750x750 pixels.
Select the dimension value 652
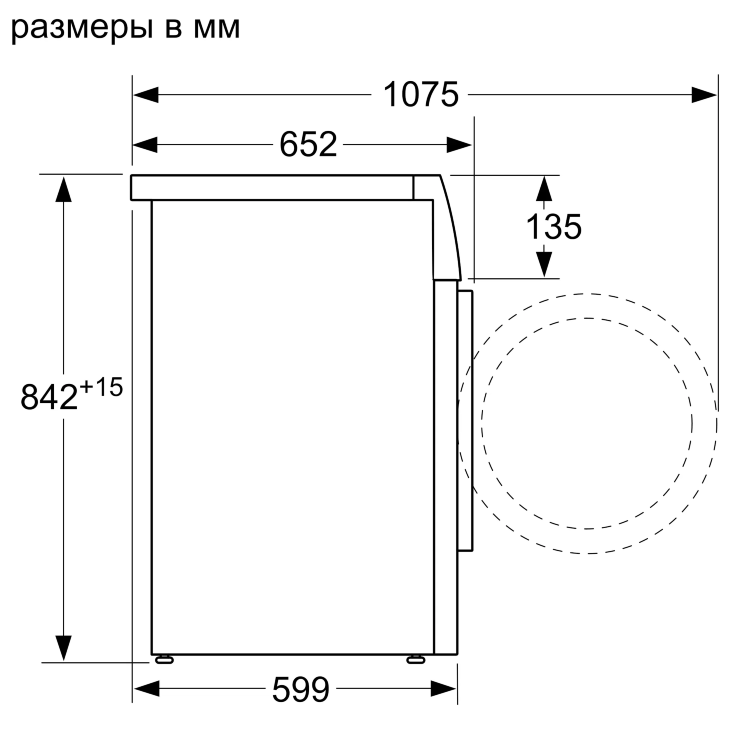(307, 146)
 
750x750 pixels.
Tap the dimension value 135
(553, 227)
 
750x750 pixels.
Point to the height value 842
(50, 397)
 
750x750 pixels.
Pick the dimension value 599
(299, 689)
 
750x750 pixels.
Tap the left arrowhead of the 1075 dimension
(146, 95)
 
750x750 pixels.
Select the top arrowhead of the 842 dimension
(65, 187)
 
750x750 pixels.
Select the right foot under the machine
(415, 659)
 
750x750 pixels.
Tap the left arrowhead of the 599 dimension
(146, 688)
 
